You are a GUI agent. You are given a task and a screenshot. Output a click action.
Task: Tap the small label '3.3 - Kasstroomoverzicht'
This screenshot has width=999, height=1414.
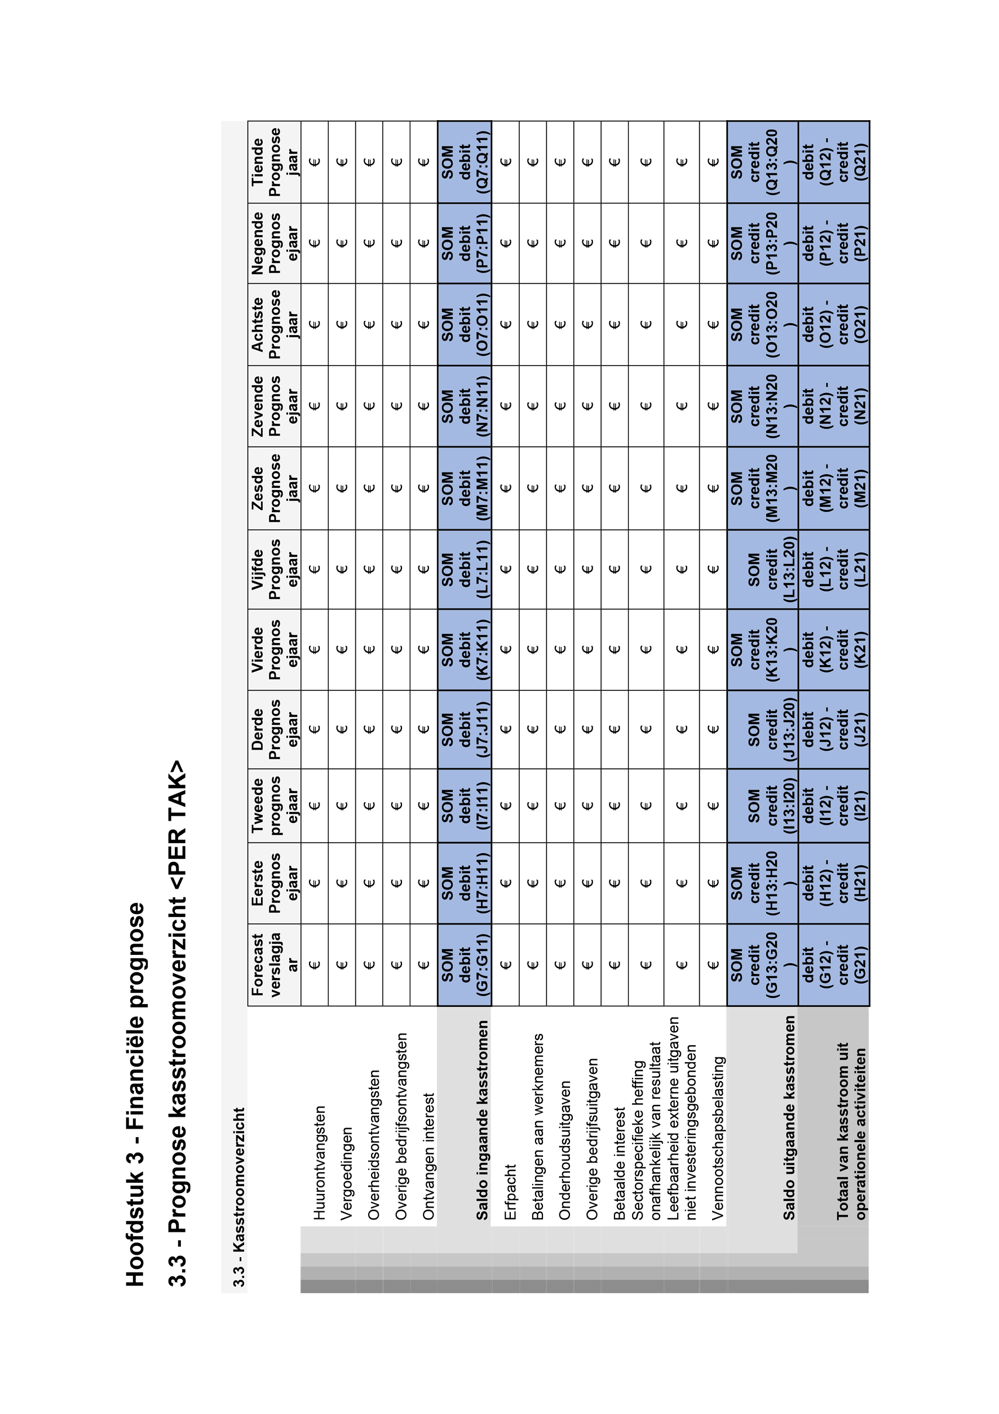pyautogui.click(x=239, y=1198)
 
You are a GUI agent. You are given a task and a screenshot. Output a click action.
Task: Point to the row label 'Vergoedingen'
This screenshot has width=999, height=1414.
pyautogui.click(x=347, y=1173)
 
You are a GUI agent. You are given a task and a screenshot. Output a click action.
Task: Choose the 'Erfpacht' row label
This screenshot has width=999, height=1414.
pyautogui.click(x=510, y=1192)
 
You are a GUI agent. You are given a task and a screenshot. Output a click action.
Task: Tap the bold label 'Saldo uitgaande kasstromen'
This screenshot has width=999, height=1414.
pyautogui.click(x=789, y=1118)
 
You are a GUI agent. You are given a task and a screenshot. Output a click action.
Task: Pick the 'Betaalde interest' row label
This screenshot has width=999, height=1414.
pyautogui.click(x=619, y=1164)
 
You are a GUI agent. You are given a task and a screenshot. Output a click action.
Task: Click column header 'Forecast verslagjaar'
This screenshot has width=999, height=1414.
pyautogui.click(x=275, y=964)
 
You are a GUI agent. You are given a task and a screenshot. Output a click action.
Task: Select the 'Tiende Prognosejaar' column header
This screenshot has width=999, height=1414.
pyautogui.click(x=275, y=162)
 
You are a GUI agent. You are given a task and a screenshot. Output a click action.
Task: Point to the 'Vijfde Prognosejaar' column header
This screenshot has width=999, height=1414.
pyautogui.click(x=275, y=569)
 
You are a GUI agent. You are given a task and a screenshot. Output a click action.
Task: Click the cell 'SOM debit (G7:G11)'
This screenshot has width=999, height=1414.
pyautogui.click(x=465, y=964)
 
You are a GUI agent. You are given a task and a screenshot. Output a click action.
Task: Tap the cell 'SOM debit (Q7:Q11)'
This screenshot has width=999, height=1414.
pyautogui.click(x=465, y=162)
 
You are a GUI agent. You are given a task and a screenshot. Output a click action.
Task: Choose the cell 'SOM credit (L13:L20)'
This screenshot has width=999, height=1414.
pyautogui.click(x=763, y=569)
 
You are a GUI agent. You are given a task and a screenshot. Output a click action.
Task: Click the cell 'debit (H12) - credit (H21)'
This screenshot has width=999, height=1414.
pyautogui.click(x=834, y=883)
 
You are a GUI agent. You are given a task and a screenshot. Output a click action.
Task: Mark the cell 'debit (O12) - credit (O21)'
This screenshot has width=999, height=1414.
pyautogui.click(x=834, y=324)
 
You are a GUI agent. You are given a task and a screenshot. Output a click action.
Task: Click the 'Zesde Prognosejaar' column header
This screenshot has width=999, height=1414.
pyautogui.click(x=275, y=488)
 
